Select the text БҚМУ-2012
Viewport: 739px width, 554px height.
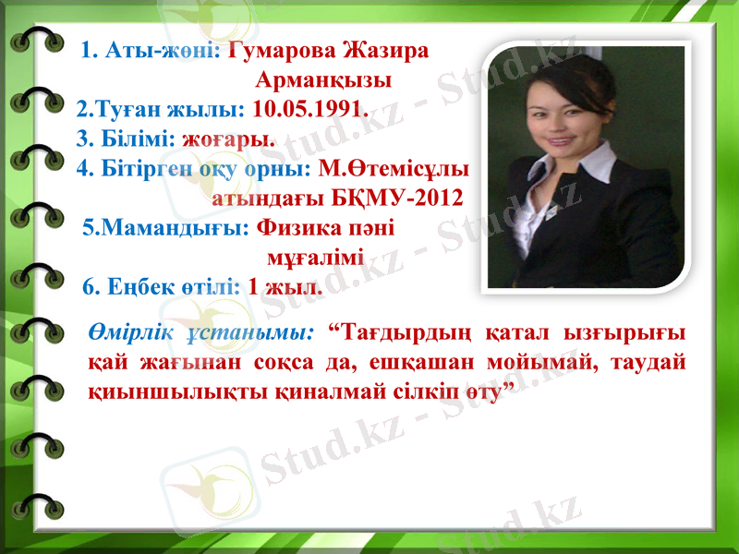pyautogui.click(x=406, y=199)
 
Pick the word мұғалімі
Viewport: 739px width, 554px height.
pyautogui.click(x=315, y=258)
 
